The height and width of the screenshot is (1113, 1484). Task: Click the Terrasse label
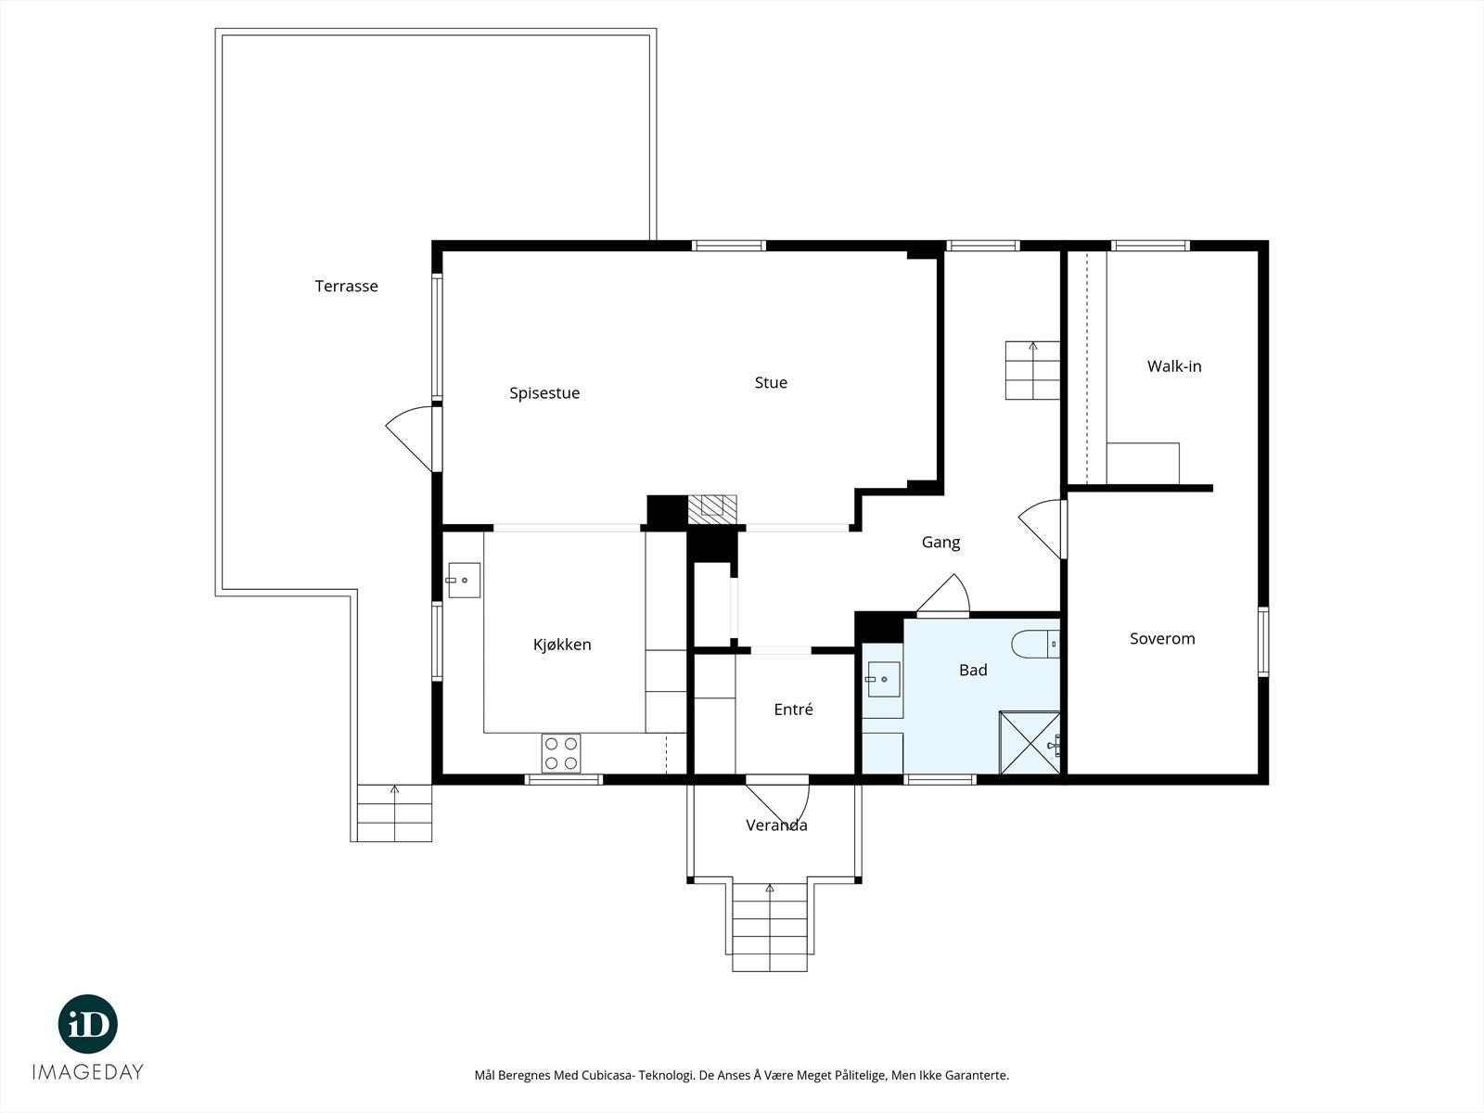click(346, 286)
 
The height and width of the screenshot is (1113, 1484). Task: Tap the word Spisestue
click(544, 393)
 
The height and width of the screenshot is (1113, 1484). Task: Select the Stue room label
click(771, 382)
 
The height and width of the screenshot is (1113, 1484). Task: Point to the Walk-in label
click(1174, 366)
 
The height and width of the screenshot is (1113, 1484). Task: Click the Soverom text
click(1162, 639)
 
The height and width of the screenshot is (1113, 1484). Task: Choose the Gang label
click(940, 543)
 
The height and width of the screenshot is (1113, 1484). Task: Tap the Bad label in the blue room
click(973, 670)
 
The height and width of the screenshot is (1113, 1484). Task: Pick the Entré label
click(793, 709)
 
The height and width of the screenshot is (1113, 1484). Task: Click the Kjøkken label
click(562, 645)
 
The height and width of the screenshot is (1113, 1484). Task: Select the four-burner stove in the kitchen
click(561, 753)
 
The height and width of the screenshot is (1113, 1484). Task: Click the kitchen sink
click(464, 581)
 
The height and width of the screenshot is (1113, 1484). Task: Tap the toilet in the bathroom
click(1035, 644)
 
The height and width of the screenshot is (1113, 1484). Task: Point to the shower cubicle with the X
click(1030, 743)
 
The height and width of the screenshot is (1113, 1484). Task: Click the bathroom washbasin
click(883, 679)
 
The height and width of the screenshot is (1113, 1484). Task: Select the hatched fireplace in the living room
click(712, 509)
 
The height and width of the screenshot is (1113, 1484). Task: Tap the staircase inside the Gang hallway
click(1032, 370)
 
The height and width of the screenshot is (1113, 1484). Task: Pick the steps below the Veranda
click(770, 927)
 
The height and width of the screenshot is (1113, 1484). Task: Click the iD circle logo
click(88, 1024)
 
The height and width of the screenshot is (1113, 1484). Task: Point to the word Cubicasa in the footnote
click(608, 1075)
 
